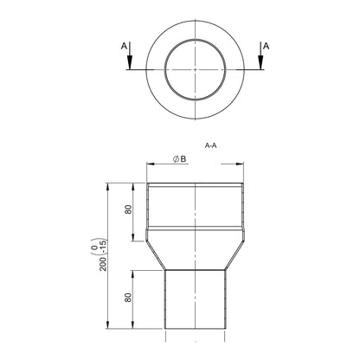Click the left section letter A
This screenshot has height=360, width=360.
124,46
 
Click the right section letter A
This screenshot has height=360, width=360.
266,46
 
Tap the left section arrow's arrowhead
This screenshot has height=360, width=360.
130,62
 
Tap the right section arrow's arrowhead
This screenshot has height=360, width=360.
260,62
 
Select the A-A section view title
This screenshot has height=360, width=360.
210,145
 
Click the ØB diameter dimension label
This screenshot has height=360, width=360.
179,158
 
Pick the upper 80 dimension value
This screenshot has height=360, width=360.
128,209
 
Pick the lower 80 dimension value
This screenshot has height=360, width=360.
128,298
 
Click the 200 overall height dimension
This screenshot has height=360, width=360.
103,264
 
